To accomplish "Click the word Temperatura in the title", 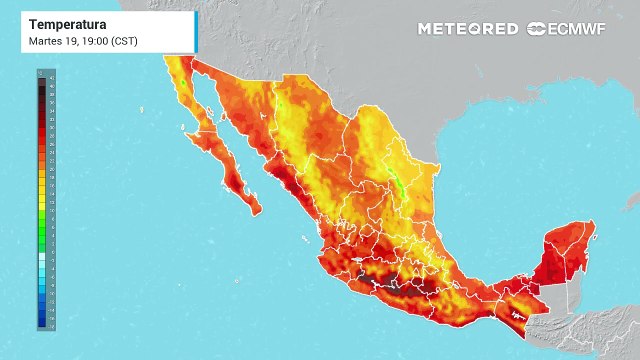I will (x=65, y=22).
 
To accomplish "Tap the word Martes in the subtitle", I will (x=45, y=40).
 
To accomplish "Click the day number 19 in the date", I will (x=73, y=40).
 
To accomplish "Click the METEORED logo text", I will (x=468, y=29).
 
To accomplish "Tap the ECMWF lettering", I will (x=581, y=29).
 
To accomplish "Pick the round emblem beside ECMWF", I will (x=537, y=29).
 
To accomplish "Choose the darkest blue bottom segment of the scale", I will (x=40, y=325).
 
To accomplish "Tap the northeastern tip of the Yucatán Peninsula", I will (x=594, y=222).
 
